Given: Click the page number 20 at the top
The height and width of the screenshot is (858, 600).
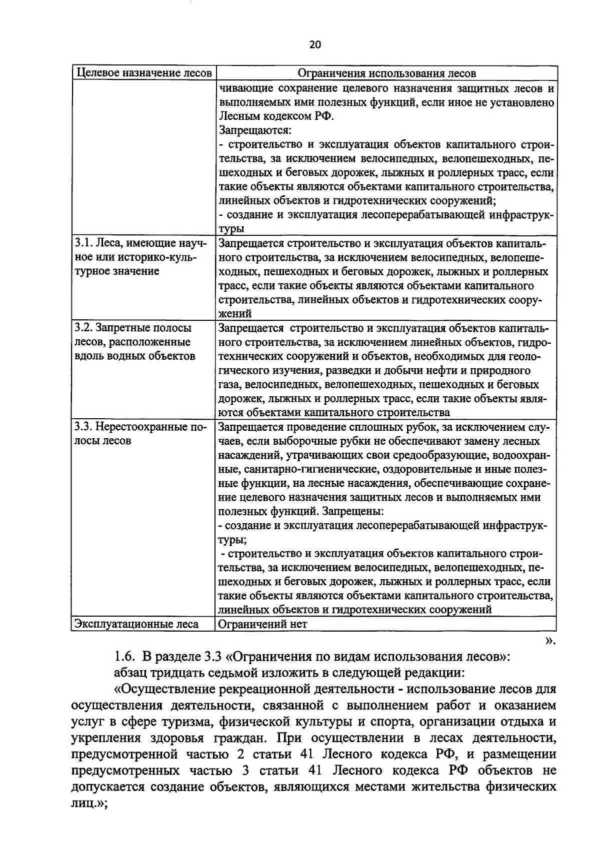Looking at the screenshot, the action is coord(315,44).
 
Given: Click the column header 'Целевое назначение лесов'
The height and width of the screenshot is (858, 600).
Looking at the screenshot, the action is coord(143,73).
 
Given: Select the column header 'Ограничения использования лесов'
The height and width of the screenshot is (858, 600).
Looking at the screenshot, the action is coord(386,73).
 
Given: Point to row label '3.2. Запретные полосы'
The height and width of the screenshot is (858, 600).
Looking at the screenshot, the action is coord(133,328).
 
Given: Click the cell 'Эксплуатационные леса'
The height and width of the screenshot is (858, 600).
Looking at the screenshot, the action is coord(136,624).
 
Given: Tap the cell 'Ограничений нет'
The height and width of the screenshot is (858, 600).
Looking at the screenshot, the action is coord(262,624).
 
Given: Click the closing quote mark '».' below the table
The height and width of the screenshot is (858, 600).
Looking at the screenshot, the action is coord(549,641).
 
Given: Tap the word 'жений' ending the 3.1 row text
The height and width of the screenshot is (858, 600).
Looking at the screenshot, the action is coord(235,314).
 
